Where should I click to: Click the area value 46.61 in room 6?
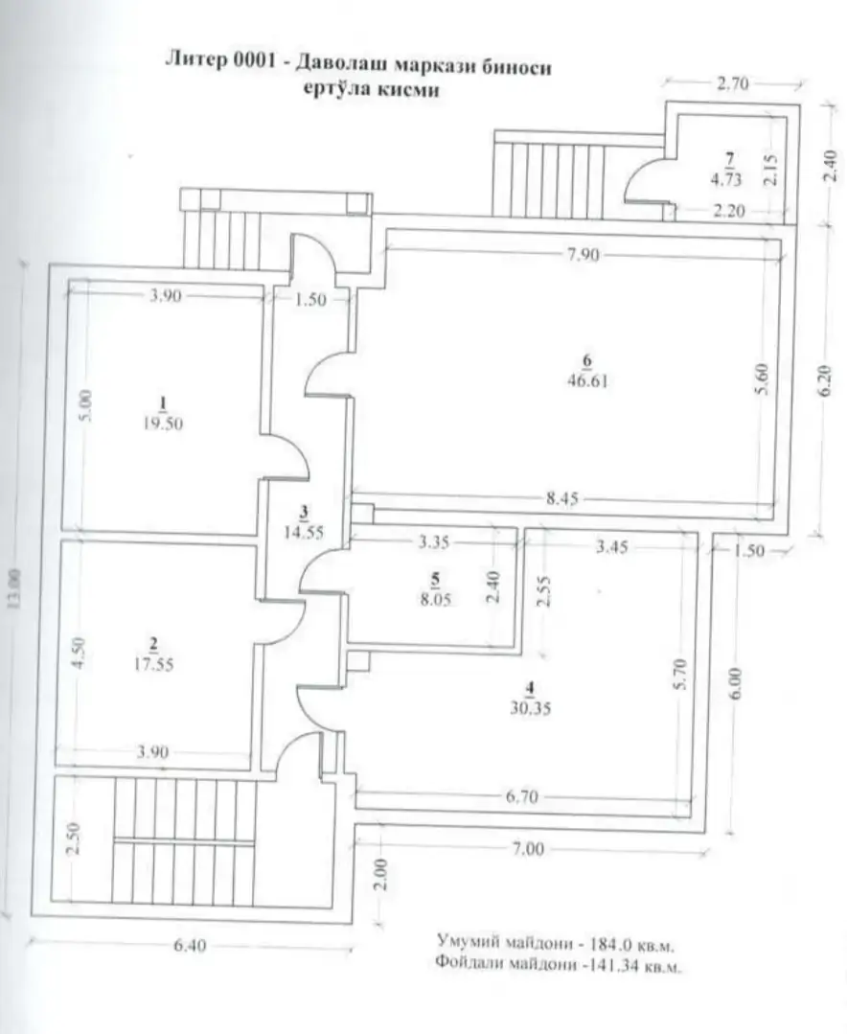(x=587, y=381)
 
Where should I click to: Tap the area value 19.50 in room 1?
(x=163, y=424)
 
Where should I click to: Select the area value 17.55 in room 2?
(x=153, y=665)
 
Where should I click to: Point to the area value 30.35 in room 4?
(x=531, y=709)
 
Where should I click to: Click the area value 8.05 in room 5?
(x=435, y=600)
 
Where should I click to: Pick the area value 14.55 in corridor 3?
(x=304, y=532)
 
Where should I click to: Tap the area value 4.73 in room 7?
(x=725, y=178)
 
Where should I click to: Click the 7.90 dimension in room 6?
(x=584, y=255)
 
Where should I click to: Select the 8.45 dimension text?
(x=562, y=498)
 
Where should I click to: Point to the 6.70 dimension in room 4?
(x=522, y=797)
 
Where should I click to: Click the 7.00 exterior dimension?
(x=528, y=849)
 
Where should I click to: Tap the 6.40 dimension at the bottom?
(x=190, y=946)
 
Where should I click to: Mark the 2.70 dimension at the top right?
(x=732, y=83)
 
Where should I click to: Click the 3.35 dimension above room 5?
(x=434, y=542)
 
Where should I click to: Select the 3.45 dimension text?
(x=611, y=546)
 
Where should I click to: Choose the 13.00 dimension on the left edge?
(x=15, y=587)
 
